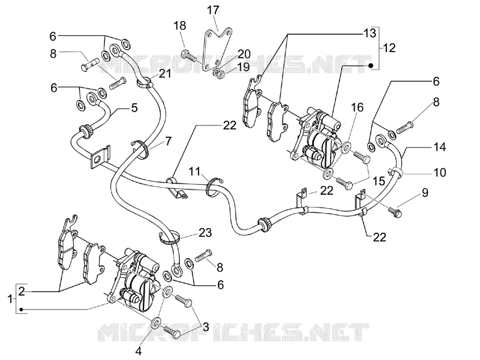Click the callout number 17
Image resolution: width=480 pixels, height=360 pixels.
coord(213,10)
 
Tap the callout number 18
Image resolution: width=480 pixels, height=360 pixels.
coord(180,26)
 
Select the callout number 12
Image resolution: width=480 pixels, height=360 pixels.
coord(389,48)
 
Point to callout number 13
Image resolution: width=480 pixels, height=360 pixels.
coord(370,33)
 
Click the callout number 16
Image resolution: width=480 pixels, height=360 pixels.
coord(357,107)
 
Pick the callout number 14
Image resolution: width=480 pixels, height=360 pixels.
coord(440,147)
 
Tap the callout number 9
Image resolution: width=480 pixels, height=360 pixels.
coord(425,193)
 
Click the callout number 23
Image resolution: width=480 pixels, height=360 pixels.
coord(205,233)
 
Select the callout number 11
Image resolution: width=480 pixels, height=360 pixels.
coord(194,172)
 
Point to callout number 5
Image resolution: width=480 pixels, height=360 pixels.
coord(134,108)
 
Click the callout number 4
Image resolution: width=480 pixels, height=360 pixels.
coord(139,351)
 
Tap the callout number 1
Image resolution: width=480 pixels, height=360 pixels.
coord(10,299)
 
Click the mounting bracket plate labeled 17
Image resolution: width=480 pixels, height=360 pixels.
coord(217,49)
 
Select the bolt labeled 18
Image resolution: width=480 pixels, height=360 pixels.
coord(189,56)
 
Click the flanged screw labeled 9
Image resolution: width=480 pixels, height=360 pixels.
coord(395,212)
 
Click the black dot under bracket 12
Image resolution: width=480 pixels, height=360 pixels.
coord(371,65)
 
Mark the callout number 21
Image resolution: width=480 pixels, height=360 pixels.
coord(164,74)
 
